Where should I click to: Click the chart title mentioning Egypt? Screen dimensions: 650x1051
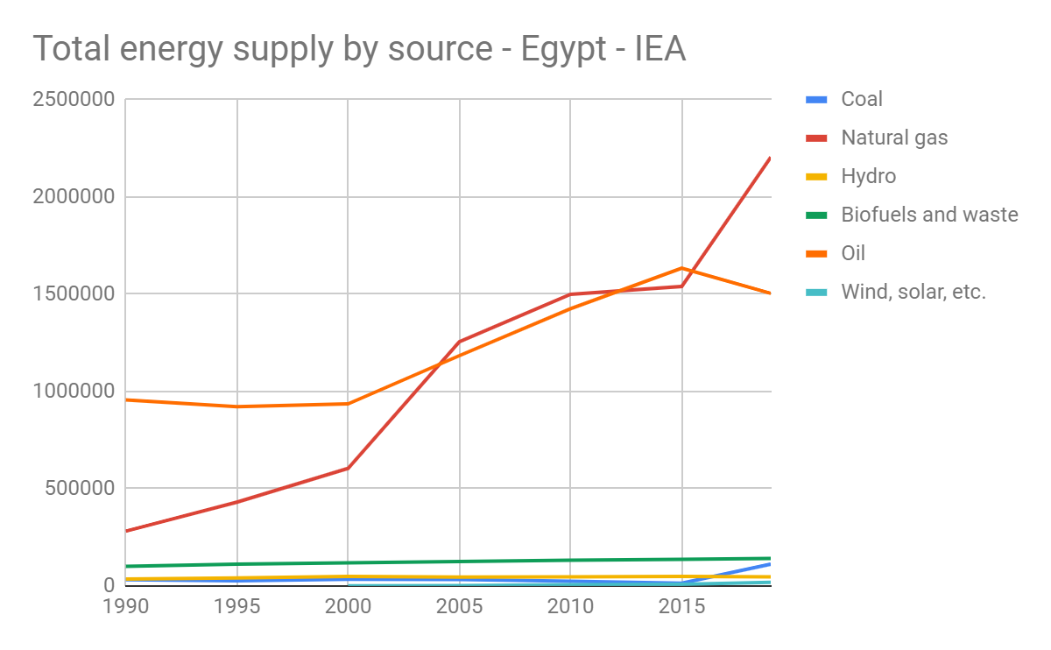[x=359, y=49]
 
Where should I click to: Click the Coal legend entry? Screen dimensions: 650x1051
[x=861, y=99]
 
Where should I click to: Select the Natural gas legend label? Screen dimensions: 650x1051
[x=893, y=138]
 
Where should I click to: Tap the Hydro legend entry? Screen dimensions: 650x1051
[x=868, y=176]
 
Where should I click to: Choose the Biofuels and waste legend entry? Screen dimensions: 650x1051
[x=928, y=215]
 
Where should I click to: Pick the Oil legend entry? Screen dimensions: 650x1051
[x=852, y=253]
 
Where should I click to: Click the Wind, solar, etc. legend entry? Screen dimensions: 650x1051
[x=913, y=292]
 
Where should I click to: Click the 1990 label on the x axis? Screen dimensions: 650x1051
[x=125, y=606]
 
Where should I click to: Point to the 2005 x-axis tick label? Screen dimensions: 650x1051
[x=459, y=606]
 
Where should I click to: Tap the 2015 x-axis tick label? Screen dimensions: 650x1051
[x=681, y=606]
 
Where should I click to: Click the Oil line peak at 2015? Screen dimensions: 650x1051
[x=681, y=268]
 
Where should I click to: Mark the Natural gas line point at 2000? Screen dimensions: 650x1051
[x=348, y=468]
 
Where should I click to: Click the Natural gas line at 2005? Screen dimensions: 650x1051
[x=459, y=342]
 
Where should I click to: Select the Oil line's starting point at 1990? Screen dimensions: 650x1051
[x=127, y=399]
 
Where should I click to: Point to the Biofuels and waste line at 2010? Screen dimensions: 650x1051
[x=570, y=560]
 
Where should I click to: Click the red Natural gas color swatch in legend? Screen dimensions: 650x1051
[x=816, y=138]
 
